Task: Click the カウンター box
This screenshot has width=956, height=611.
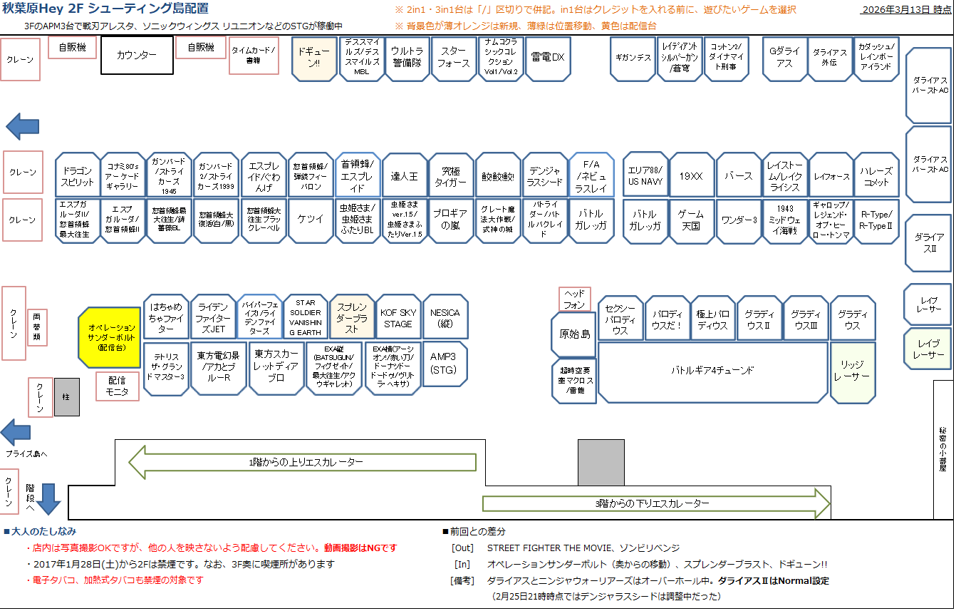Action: (137, 55)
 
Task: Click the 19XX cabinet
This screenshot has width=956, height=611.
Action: (691, 175)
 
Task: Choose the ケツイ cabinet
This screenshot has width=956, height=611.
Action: (311, 220)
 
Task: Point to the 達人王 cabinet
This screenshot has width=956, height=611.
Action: (405, 175)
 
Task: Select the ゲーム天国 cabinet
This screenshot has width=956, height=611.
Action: (691, 220)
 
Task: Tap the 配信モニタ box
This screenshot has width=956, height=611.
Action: (118, 386)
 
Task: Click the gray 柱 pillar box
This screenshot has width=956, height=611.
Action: (67, 397)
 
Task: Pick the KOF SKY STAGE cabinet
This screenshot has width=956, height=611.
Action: (398, 318)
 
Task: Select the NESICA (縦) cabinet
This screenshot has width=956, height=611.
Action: (445, 318)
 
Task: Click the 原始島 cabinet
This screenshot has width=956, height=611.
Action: (573, 334)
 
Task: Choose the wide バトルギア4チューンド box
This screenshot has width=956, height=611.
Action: (712, 371)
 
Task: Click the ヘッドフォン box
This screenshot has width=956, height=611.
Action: (574, 299)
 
